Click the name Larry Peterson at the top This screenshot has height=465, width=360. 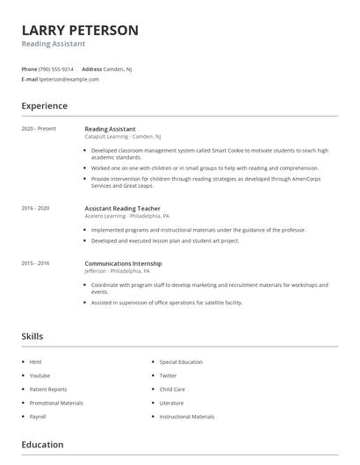[x=80, y=30]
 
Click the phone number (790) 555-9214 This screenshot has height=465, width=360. [x=57, y=68]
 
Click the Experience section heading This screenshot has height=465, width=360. [x=44, y=106]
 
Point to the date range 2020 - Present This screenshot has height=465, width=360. [x=39, y=129]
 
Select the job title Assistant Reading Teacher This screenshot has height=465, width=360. [x=122, y=208]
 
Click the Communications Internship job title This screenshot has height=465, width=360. [x=123, y=263]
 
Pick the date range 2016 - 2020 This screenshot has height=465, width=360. [x=35, y=208]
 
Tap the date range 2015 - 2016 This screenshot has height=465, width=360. [x=35, y=263]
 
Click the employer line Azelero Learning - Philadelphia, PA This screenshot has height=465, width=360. [x=126, y=216]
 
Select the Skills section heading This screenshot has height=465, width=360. [x=32, y=336]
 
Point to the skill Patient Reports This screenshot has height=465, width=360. [x=48, y=389]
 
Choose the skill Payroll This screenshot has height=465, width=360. [x=38, y=417]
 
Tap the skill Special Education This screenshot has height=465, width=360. [x=181, y=361]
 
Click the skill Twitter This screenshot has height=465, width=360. [x=169, y=376]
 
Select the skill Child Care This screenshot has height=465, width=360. [x=172, y=389]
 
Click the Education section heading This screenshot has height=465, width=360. [x=42, y=445]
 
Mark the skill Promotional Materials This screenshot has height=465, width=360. [x=56, y=403]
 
